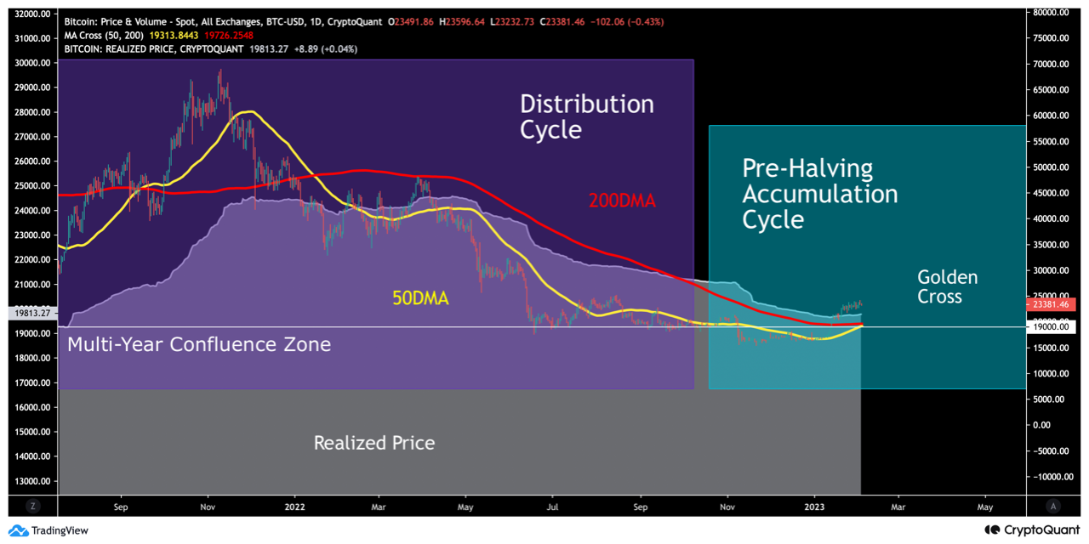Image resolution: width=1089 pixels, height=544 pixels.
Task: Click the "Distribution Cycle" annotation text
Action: (587, 116)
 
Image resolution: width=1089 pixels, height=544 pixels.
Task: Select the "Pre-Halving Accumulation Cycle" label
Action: (819, 194)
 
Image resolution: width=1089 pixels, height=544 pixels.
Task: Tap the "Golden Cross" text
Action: (947, 286)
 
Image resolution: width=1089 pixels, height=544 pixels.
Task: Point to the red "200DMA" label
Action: (623, 201)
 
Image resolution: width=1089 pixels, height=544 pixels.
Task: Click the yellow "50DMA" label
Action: (419, 298)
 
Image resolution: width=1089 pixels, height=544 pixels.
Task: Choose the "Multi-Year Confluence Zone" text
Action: (198, 344)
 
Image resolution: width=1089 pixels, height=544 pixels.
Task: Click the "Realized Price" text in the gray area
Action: (373, 443)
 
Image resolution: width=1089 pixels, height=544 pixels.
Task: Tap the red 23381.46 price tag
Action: (1052, 304)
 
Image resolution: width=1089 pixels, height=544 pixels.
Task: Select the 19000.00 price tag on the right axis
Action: (1052, 326)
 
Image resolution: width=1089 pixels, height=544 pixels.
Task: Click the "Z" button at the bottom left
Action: (33, 506)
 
